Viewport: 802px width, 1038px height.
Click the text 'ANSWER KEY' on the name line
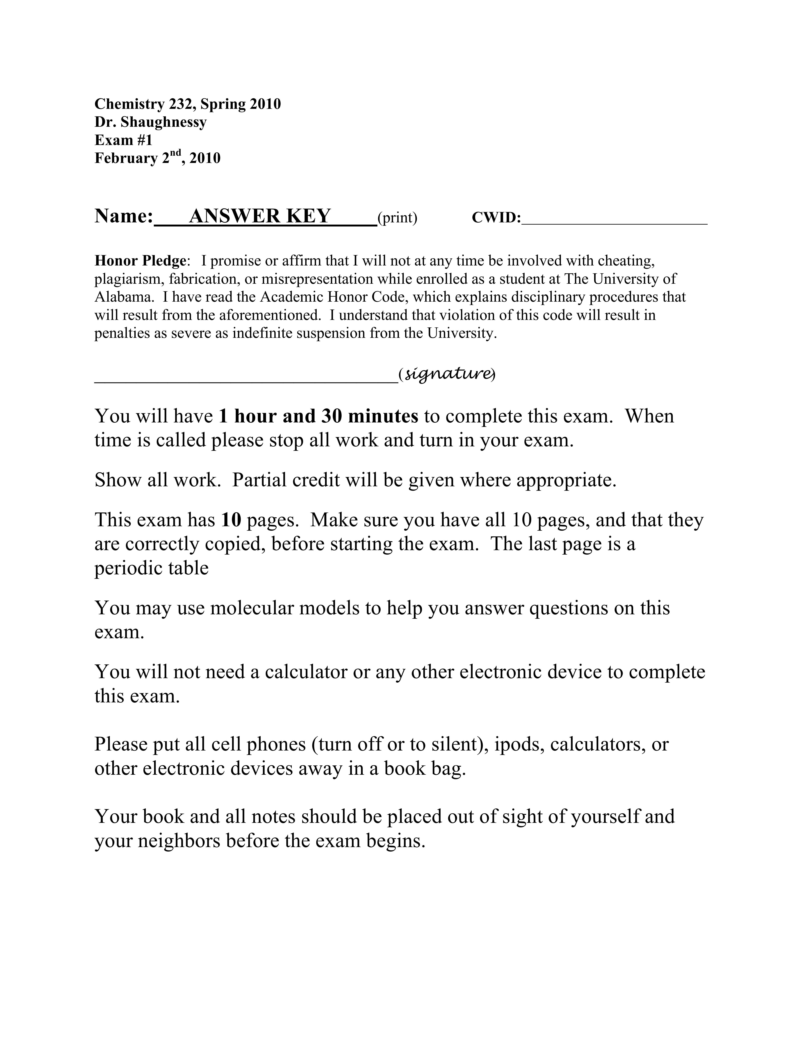coord(259,216)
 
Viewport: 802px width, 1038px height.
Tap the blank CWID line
coord(614,220)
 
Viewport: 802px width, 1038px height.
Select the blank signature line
coord(246,378)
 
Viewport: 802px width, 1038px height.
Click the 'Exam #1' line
coord(124,140)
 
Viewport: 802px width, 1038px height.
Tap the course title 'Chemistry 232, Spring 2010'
coord(188,104)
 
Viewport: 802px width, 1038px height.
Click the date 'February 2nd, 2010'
coord(157,158)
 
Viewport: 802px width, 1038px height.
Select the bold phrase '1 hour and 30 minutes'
coord(318,416)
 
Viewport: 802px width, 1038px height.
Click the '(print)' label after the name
coord(397,218)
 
